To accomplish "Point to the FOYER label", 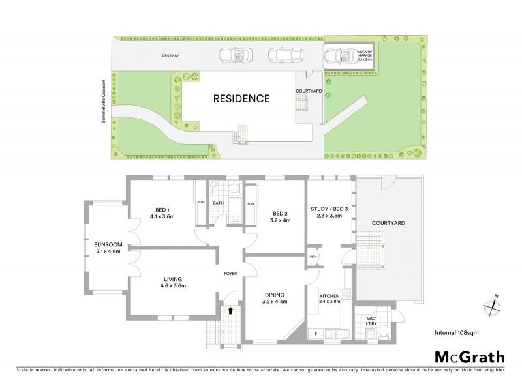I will pos(230,274).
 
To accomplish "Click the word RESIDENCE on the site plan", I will pos(241,99).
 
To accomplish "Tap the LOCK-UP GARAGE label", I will pos(365,54).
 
